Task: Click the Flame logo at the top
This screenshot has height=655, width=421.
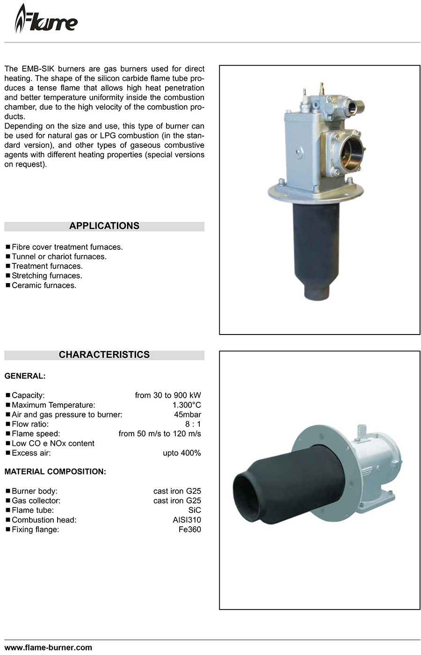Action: pos(46,20)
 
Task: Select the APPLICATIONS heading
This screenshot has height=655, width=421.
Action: pos(104,226)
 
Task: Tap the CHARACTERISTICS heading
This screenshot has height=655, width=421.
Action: pos(104,355)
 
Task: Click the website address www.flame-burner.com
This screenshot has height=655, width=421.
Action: pos(48,648)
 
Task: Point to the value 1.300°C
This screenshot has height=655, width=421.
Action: pos(187,405)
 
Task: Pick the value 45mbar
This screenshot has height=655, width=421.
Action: pos(187,415)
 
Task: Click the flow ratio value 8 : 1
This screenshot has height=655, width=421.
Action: pos(193,424)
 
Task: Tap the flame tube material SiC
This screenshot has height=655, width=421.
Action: pos(195,510)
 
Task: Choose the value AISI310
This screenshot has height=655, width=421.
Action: pos(187,520)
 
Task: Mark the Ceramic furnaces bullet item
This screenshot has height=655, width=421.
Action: pos(44,285)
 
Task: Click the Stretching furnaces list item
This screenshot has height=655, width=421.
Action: pos(47,276)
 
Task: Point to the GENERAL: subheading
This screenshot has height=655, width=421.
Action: pos(25,376)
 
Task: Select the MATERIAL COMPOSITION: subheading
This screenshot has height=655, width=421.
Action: pos(55,472)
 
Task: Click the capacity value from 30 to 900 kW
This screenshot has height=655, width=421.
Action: pos(167,395)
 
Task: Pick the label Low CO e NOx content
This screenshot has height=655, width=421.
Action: pos(53,444)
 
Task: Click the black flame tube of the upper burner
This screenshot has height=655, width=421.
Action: pos(316,248)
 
